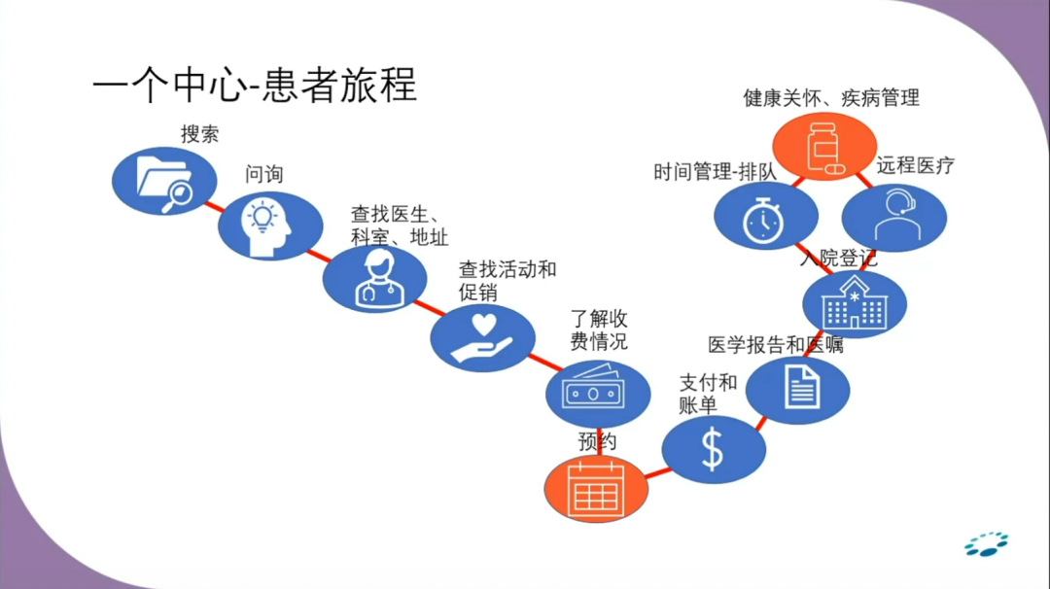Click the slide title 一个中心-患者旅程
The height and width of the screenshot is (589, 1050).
pos(255,85)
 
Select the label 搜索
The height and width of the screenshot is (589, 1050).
pos(199,134)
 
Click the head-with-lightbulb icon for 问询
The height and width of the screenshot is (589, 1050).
pos(269,225)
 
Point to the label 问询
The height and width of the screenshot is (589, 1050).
pos(264,175)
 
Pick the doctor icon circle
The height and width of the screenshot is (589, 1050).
pos(375,279)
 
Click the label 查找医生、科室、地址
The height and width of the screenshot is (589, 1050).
pos(400,225)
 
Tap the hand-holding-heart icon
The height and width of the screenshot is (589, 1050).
pos(482,337)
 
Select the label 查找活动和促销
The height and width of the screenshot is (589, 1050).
pos(507,280)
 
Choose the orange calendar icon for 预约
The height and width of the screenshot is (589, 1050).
pos(595,488)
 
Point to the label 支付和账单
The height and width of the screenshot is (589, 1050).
pos(708,393)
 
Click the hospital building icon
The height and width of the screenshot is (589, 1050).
pos(856,304)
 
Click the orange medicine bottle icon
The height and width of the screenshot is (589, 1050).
pos(824,147)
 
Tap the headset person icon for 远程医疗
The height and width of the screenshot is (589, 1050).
pos(892,217)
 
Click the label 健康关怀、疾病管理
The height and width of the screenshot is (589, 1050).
pos(831,98)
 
